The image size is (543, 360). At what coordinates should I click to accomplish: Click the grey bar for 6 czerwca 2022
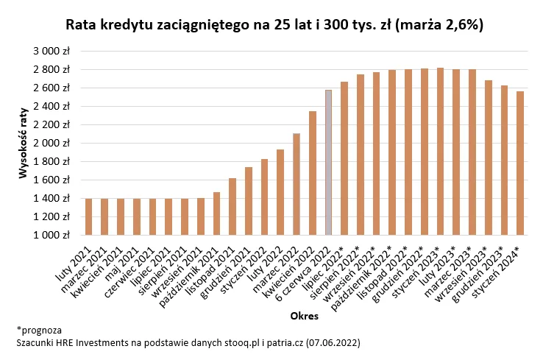[329, 163]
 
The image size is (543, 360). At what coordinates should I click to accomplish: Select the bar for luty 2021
[89, 217]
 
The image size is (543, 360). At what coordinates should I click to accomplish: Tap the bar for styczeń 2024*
[520, 163]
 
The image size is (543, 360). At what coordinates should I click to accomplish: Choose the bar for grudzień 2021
[249, 201]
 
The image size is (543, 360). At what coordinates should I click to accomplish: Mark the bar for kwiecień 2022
[313, 173]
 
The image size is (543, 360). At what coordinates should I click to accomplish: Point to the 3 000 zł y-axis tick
[51, 51]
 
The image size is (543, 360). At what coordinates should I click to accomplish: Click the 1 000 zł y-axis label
[51, 236]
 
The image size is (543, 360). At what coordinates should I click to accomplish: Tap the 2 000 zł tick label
[51, 143]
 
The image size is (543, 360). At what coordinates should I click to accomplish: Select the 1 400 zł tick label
[51, 199]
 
